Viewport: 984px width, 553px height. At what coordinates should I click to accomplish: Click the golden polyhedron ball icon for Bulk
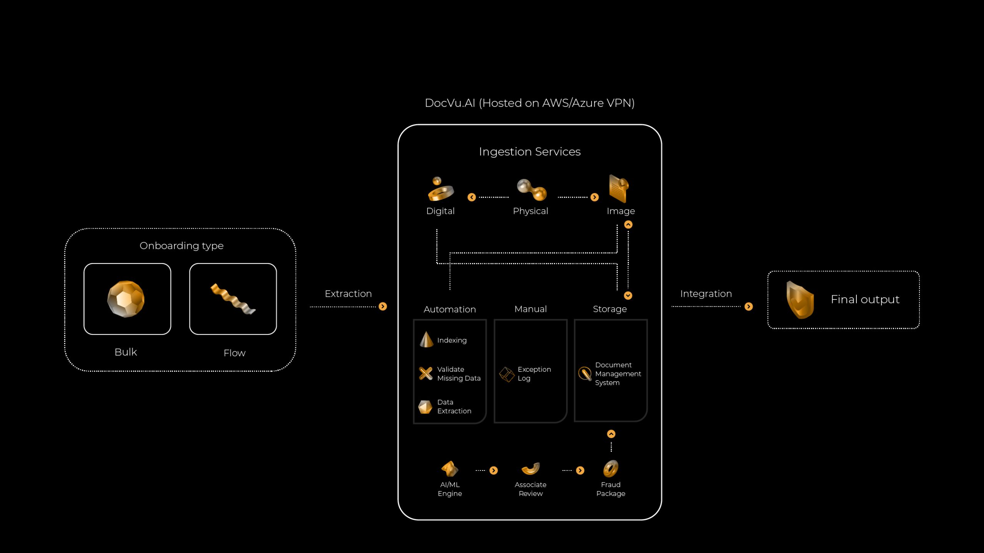tap(126, 299)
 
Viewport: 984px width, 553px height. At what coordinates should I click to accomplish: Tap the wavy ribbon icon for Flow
tap(233, 299)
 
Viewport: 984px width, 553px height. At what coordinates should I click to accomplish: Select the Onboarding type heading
tap(181, 246)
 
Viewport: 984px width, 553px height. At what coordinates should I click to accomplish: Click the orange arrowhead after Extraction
tap(383, 306)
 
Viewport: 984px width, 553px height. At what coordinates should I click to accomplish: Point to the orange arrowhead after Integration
tap(749, 306)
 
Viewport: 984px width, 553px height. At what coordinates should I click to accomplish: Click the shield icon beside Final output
tap(800, 300)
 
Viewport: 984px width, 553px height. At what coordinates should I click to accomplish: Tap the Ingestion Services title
tap(530, 152)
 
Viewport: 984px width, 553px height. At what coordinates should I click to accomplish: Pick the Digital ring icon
tap(440, 189)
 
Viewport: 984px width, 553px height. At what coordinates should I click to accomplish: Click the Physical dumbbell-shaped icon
tap(532, 190)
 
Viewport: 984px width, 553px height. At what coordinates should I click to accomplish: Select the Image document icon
tap(619, 189)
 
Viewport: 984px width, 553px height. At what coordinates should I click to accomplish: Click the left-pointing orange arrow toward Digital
tap(472, 197)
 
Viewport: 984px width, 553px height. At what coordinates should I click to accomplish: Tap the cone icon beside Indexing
tap(426, 339)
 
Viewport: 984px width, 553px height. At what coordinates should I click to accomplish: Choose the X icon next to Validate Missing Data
tap(426, 373)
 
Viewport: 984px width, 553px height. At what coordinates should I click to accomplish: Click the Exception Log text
tap(534, 374)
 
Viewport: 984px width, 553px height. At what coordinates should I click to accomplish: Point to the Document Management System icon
tap(585, 374)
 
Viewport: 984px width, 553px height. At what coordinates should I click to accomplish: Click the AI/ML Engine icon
tap(450, 469)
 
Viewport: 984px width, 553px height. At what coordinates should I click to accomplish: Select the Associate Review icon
tap(531, 469)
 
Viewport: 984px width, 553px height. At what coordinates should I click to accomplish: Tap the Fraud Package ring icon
tap(611, 469)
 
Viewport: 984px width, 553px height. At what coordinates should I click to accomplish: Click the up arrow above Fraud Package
tap(611, 434)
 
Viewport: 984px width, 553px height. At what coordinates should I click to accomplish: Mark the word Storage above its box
tap(610, 309)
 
